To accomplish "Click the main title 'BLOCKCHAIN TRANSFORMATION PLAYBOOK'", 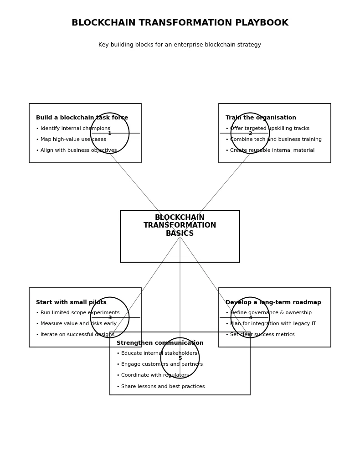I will [180, 23].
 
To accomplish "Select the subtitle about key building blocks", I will [180, 45].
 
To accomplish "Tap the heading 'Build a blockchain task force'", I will [82, 118].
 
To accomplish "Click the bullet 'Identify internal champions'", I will [73, 129].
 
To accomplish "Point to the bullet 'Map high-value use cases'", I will [71, 140].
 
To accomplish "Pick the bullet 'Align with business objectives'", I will [77, 150].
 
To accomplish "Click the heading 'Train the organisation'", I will [261, 118].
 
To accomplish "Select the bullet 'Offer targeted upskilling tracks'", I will [267, 129].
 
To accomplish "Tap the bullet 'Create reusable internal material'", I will [270, 150].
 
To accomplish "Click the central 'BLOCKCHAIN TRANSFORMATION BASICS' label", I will [180, 226].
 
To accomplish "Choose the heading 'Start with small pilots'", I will [71, 302].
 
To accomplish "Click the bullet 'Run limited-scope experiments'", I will [78, 313].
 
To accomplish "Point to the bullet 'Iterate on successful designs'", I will [75, 335].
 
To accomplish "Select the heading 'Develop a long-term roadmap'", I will [273, 302].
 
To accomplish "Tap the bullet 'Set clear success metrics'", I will [260, 335].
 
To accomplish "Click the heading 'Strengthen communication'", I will [160, 343].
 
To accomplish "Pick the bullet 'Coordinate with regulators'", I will [153, 375].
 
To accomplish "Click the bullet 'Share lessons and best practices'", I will [160, 387].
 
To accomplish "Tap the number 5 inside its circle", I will [180, 358].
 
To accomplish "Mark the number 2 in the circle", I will [250, 134].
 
